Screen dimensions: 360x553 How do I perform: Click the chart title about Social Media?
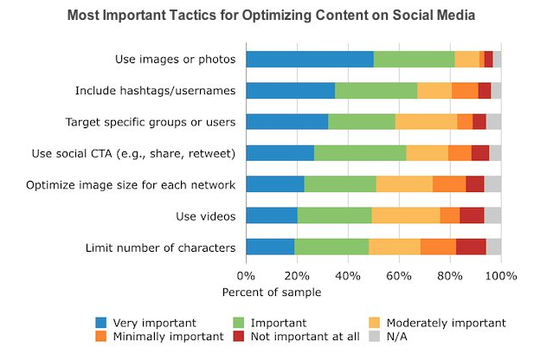coord(276,16)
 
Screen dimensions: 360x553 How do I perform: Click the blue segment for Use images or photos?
coord(309,59)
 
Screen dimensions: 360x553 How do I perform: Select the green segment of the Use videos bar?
coord(334,215)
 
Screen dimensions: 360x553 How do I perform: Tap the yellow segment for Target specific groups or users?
coord(426,121)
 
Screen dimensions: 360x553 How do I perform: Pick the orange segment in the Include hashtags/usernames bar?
coord(465,90)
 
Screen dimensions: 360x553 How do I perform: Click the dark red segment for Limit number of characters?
coord(471,247)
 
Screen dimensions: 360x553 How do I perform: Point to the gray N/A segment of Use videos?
coord(492,215)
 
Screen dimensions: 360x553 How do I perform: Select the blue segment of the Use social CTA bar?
coord(280,153)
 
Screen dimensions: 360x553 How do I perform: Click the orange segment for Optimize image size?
coord(448,184)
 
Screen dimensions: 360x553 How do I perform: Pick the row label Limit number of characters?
coord(160,247)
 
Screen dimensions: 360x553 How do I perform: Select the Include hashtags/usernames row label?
coord(155,91)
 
